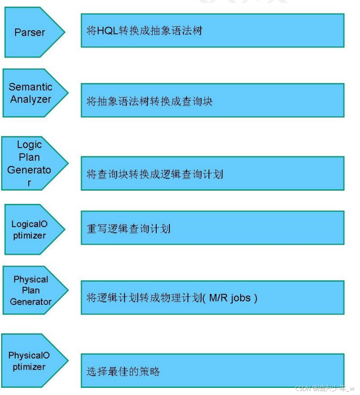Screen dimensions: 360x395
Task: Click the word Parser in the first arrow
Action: (x=30, y=32)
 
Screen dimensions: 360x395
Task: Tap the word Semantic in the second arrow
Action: (x=30, y=87)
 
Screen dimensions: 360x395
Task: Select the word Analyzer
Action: (x=31, y=99)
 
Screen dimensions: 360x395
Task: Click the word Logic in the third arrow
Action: (x=29, y=145)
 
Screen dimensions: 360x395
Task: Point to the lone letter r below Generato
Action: (x=29, y=183)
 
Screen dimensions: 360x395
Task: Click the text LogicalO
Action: (x=29, y=224)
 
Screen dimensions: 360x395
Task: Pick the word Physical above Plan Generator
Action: (x=31, y=279)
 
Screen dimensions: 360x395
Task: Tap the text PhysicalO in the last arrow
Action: (x=29, y=356)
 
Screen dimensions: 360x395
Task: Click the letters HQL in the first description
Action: (x=108, y=31)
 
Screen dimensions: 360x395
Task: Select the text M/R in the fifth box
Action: (x=218, y=298)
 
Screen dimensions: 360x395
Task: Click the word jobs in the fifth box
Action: (x=241, y=298)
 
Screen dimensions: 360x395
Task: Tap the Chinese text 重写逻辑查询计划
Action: (x=128, y=229)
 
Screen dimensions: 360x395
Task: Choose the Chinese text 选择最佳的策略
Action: (x=123, y=371)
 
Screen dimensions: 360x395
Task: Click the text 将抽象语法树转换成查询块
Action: (x=149, y=101)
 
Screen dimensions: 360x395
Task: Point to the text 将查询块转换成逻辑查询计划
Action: (x=155, y=174)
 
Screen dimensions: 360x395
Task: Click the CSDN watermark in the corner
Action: (x=325, y=388)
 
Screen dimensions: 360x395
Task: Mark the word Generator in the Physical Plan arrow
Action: (x=31, y=301)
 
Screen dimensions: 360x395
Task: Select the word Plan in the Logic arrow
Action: (x=29, y=157)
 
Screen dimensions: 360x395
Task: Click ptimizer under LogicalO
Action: (x=29, y=236)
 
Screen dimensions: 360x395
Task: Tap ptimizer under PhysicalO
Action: (x=29, y=367)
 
